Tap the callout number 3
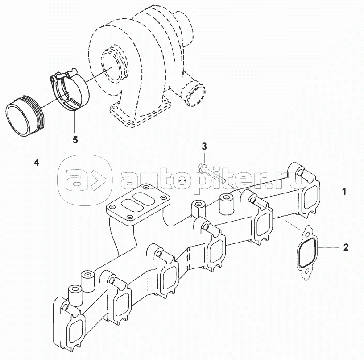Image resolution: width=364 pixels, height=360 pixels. (204, 146)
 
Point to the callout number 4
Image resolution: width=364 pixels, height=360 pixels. (37, 162)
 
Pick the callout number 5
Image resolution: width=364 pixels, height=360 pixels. (75, 140)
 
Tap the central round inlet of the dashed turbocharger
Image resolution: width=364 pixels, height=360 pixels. (112, 67)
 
